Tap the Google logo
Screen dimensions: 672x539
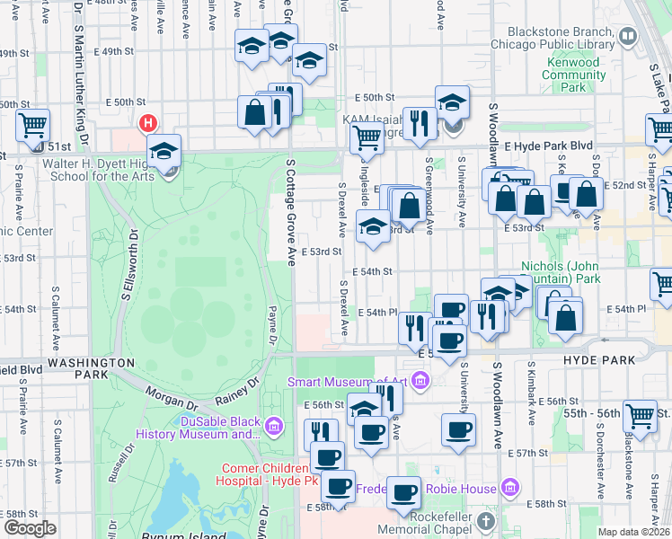[x=30, y=528]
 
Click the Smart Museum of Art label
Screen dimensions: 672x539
[x=348, y=382]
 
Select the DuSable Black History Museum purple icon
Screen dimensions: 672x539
[x=275, y=423]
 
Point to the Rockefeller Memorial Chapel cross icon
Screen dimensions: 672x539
[x=486, y=520]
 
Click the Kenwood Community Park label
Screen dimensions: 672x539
[x=574, y=75]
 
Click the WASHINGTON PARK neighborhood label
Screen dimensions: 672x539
[x=91, y=362]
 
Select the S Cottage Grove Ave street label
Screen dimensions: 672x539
[x=291, y=213]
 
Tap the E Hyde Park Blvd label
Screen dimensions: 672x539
[x=549, y=146]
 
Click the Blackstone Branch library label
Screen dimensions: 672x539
[x=551, y=35]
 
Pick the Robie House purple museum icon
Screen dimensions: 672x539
[x=510, y=487]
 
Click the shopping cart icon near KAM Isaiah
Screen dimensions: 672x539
[x=366, y=138]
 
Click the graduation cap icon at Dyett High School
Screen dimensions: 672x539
[x=164, y=151]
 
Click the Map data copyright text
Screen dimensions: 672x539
[x=634, y=532]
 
